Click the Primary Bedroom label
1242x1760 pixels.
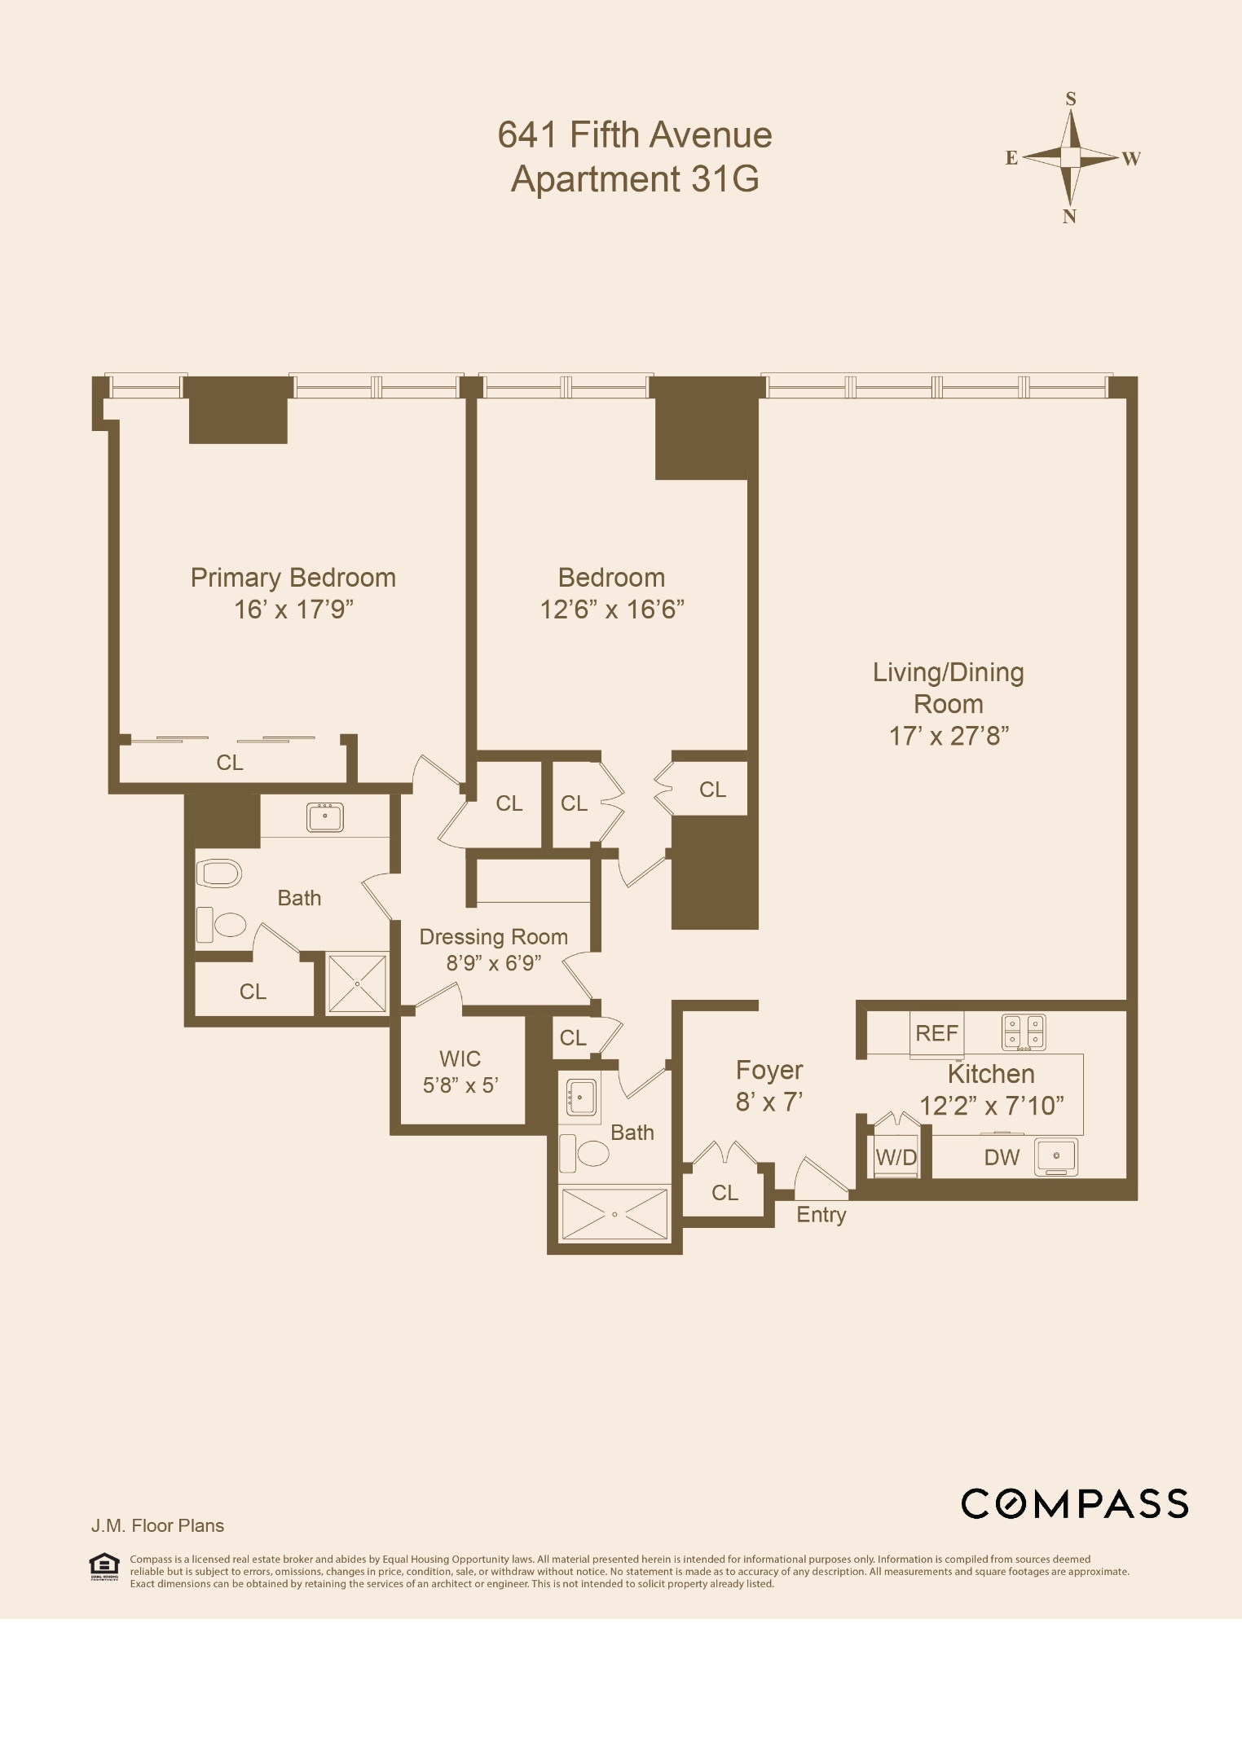(293, 577)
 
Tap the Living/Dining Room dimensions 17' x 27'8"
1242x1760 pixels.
(949, 736)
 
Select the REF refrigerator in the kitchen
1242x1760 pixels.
(936, 1033)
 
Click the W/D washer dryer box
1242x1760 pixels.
(896, 1157)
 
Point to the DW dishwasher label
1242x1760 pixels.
(1002, 1157)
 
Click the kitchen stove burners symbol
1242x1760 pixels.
(1024, 1032)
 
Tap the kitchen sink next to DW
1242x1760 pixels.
(1055, 1156)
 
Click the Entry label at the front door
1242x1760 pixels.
(821, 1214)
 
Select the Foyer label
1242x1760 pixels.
(769, 1070)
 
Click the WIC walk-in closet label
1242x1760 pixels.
(460, 1058)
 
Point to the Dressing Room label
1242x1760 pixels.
(493, 936)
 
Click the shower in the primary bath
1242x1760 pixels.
(357, 983)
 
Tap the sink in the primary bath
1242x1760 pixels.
(324, 816)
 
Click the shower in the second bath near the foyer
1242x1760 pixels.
(614, 1214)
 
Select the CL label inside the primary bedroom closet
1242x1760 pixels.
(229, 762)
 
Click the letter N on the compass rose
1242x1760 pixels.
(1069, 216)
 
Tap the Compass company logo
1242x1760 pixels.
(1074, 1503)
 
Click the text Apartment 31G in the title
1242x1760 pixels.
(635, 178)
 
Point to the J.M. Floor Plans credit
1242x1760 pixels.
(157, 1525)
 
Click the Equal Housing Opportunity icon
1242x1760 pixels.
(103, 1566)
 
